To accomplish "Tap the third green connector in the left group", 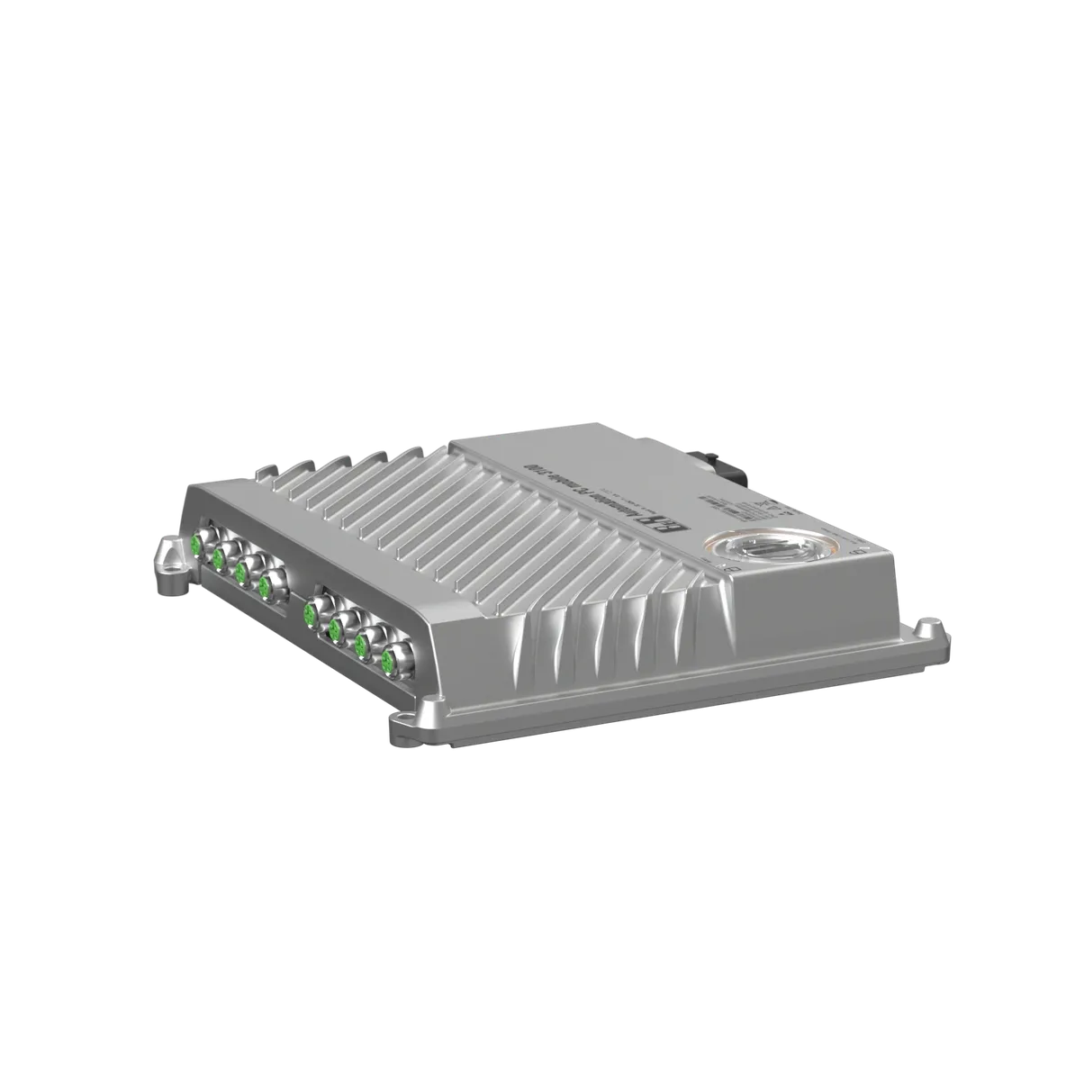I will (x=241, y=572).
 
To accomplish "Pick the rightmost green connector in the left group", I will (x=266, y=586).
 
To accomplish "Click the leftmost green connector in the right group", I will (x=309, y=615).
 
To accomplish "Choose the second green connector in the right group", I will (x=335, y=630).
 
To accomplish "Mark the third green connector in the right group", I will (x=362, y=646).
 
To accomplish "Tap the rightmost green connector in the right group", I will (x=390, y=663).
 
